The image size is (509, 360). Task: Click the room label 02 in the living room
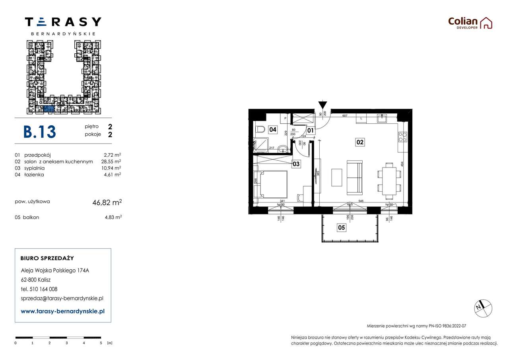360,142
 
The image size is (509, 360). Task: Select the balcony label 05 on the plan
341,228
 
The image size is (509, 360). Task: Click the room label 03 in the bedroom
296,163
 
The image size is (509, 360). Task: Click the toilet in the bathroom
260,129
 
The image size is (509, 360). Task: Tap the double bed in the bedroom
273,184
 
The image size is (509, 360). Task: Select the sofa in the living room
354,178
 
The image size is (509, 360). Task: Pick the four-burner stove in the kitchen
402,137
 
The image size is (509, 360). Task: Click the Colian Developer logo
470,23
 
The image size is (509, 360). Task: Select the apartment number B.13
40,132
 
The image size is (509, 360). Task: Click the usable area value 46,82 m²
107,202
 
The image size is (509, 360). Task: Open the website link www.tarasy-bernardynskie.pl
62,311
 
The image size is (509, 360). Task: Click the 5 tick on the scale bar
101,342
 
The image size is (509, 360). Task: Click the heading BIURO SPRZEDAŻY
47,258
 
